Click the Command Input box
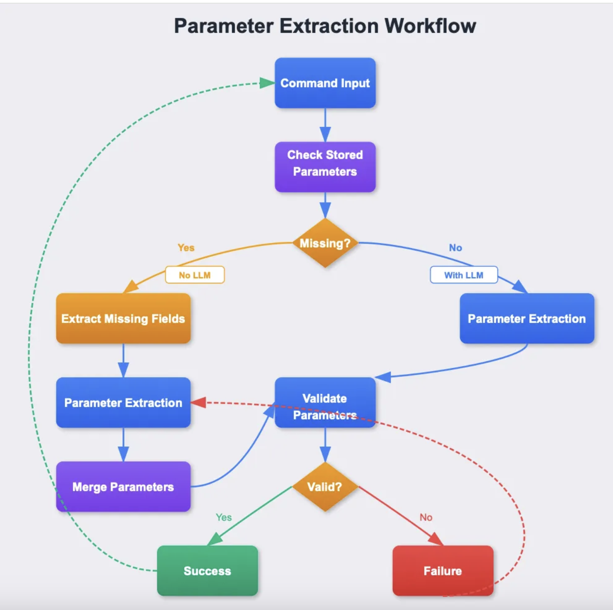click(325, 83)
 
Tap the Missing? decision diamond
click(325, 243)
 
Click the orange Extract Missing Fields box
click(123, 318)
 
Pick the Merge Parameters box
click(123, 487)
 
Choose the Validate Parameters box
click(325, 402)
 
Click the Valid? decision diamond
click(325, 487)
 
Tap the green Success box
click(207, 571)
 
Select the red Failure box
click(443, 571)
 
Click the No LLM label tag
click(195, 275)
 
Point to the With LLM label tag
click(464, 275)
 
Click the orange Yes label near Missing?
click(186, 248)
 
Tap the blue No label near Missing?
click(456, 248)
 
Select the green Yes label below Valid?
click(224, 517)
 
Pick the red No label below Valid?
click(426, 517)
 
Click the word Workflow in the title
click(431, 26)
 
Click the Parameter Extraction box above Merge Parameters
click(123, 403)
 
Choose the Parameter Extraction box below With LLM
click(527, 318)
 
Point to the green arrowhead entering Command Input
click(267, 83)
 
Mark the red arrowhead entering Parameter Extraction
click(199, 402)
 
